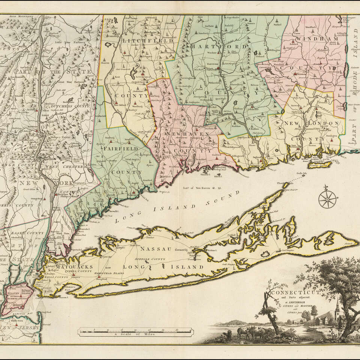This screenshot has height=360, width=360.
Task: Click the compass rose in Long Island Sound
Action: pos(327,199)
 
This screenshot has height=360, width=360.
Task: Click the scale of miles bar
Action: pos(135,331)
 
